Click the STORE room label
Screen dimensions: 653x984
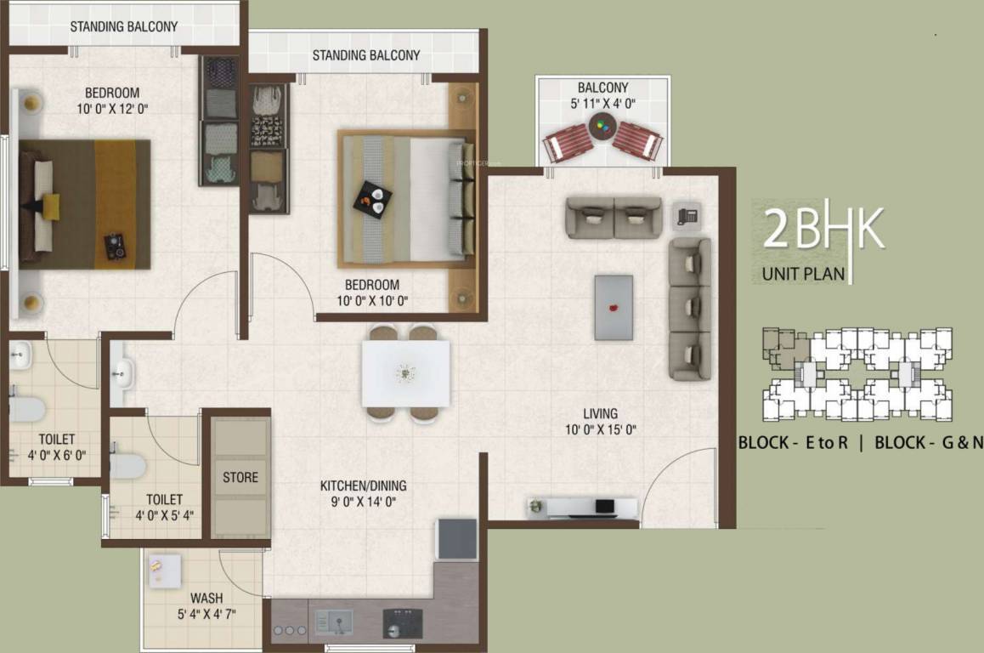click(x=240, y=477)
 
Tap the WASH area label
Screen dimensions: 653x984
click(x=206, y=598)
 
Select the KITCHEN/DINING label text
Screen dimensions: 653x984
click(x=363, y=485)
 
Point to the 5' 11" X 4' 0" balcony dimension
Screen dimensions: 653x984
click(x=602, y=103)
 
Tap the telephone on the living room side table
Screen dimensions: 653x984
click(x=687, y=215)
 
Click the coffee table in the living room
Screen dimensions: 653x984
click(x=613, y=307)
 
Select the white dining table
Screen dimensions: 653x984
click(x=405, y=372)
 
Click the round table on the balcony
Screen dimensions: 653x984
click(x=602, y=129)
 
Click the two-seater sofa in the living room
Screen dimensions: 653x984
click(x=614, y=217)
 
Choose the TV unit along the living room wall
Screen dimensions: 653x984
click(x=582, y=508)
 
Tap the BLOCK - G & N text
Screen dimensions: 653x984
click(x=928, y=442)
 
